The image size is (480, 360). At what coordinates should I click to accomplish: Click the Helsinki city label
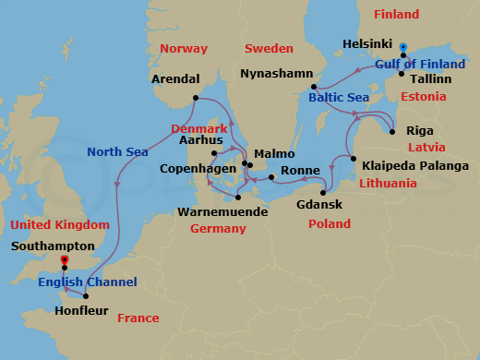point(368,44)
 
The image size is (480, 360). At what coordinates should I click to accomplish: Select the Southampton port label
point(53,247)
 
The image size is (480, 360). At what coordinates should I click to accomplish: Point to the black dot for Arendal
point(195,98)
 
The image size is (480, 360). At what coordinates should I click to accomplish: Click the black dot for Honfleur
point(85,296)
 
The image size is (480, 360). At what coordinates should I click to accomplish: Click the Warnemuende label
point(222,211)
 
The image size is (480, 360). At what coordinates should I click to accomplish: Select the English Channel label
point(88,282)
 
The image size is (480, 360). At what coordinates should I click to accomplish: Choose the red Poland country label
point(330,223)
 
